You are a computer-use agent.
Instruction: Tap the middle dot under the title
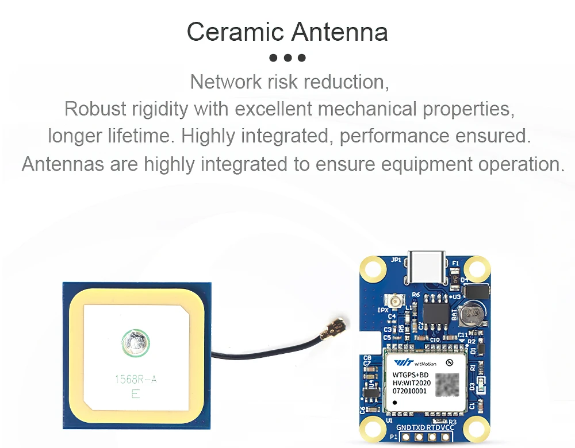tap(287, 58)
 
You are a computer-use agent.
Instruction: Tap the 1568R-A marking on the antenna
tap(136, 379)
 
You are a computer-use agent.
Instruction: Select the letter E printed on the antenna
tap(136, 394)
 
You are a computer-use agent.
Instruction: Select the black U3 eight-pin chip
tap(437, 312)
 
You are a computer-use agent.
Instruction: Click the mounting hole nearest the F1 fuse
tap(477, 268)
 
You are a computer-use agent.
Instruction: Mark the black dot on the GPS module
tap(396, 402)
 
